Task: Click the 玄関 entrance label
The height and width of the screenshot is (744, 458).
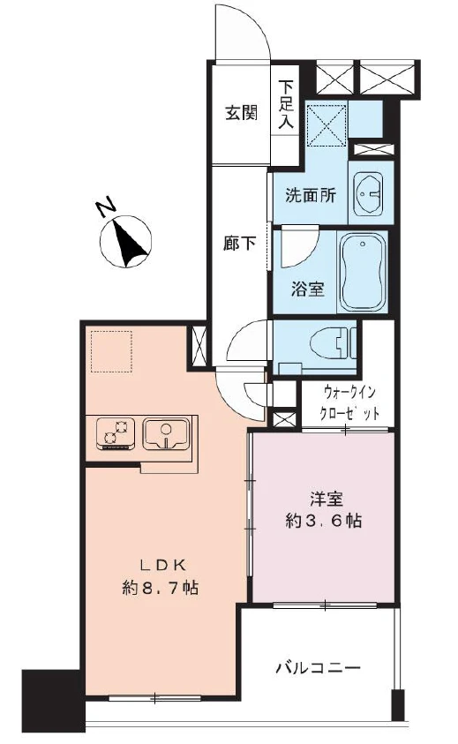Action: [240, 114]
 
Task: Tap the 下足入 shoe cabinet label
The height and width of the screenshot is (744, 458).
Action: [286, 106]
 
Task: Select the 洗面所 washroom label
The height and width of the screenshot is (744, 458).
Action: [310, 196]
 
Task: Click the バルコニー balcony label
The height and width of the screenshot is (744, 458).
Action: [318, 667]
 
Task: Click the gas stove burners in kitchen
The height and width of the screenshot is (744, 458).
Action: [114, 432]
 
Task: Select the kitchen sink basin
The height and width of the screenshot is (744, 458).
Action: [167, 434]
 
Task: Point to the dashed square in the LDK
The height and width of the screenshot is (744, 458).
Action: [110, 352]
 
